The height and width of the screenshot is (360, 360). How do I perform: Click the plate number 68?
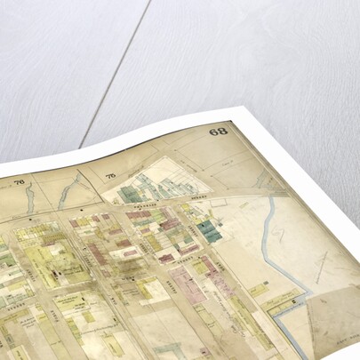click(x=219, y=132)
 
